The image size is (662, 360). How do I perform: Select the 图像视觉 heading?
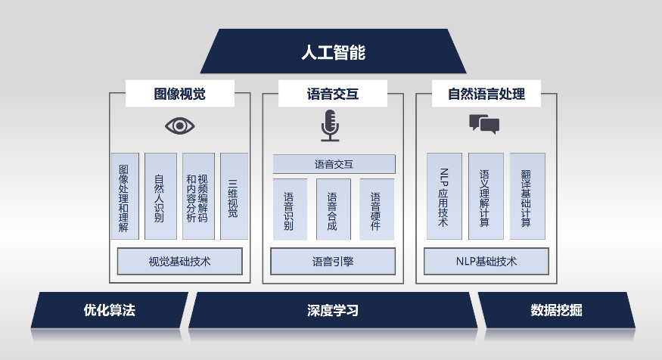click(x=179, y=94)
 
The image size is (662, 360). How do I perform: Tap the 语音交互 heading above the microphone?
click(x=333, y=94)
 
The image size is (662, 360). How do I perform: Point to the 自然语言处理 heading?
click(x=486, y=94)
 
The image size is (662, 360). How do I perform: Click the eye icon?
click(x=179, y=126)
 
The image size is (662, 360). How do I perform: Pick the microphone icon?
click(x=330, y=126)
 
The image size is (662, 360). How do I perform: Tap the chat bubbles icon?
click(x=484, y=123)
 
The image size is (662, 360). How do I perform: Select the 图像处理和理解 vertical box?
click(x=124, y=197)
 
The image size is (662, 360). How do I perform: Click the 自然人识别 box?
click(x=160, y=197)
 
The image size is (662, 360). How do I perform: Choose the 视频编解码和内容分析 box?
click(x=197, y=197)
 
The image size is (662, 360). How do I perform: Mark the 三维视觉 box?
click(x=234, y=197)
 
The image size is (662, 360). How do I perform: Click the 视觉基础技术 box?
click(x=179, y=262)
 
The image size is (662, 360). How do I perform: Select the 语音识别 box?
click(x=289, y=209)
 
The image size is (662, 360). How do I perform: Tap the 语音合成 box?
click(x=333, y=209)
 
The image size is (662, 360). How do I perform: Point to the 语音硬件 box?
click(x=376, y=209)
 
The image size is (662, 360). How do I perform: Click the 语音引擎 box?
click(x=333, y=262)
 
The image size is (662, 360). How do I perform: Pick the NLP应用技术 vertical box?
click(x=444, y=197)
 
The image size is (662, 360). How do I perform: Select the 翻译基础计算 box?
click(x=527, y=197)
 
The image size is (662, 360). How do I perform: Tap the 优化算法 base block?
click(x=110, y=310)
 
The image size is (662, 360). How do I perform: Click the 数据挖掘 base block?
click(x=556, y=310)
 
